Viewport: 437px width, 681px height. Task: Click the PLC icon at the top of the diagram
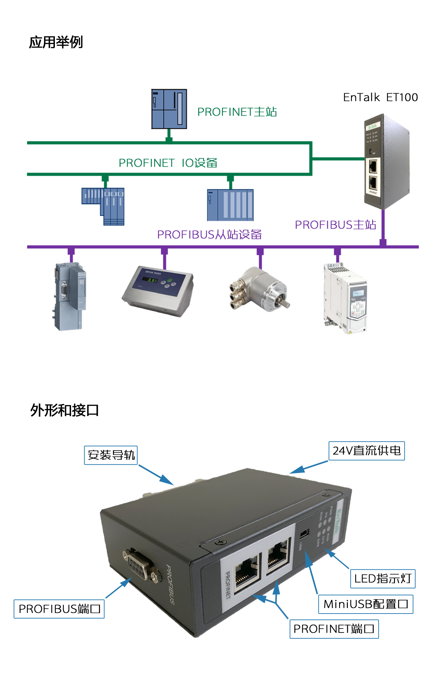[x=169, y=109]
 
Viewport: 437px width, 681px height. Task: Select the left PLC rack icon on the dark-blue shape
[x=103, y=206]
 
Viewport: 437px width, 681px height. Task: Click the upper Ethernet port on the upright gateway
[x=373, y=167]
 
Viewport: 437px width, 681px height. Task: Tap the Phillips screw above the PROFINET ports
[x=220, y=542]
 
